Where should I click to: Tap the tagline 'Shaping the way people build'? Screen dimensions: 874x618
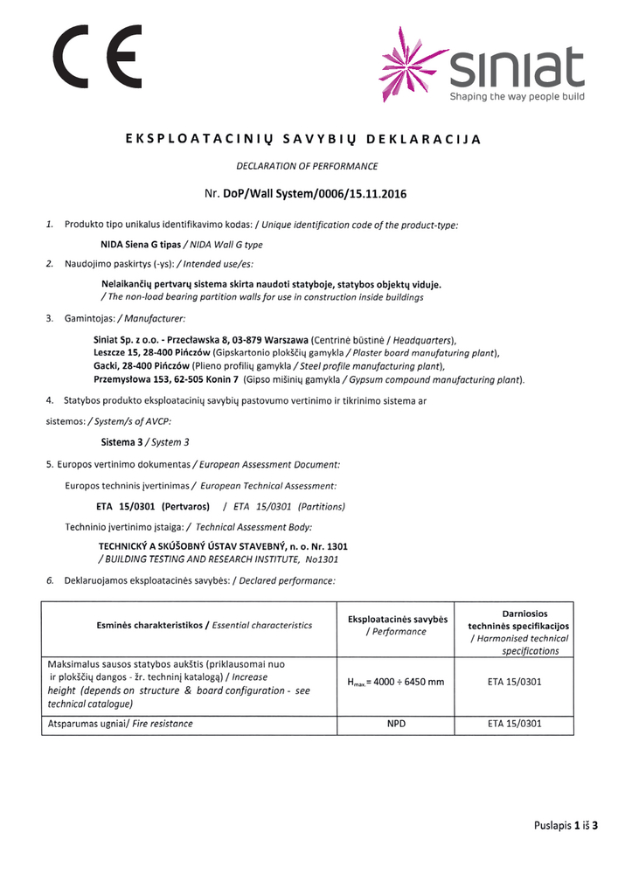517,97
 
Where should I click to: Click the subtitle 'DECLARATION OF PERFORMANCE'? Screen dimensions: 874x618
307,165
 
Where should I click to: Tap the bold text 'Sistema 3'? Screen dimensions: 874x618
122,442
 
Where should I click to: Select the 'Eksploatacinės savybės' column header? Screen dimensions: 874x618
397,619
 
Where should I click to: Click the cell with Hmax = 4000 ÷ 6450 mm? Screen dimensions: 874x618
396,682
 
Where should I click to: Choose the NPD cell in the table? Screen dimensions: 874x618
396,724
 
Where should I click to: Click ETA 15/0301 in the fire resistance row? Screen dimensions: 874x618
518,724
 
